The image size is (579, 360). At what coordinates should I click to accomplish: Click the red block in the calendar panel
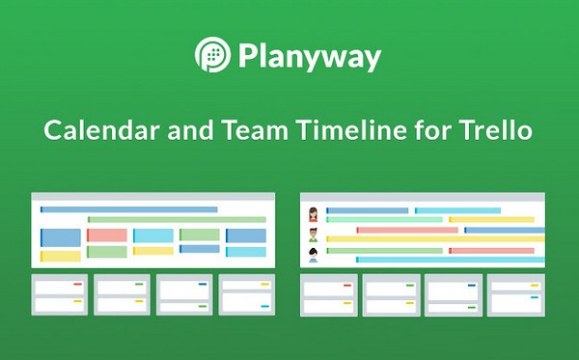[x=106, y=235]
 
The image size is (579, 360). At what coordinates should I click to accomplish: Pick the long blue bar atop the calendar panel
[x=128, y=209]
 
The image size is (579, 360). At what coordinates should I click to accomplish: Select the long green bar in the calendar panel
[x=177, y=220]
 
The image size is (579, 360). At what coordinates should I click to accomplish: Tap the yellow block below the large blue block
[x=60, y=256]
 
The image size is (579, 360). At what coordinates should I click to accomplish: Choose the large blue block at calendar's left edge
[x=60, y=236]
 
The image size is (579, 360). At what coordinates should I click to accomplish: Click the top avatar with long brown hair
[x=314, y=213]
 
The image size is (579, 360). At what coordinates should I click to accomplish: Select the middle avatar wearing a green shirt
[x=314, y=235]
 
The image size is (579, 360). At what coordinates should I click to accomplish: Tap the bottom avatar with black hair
[x=314, y=255]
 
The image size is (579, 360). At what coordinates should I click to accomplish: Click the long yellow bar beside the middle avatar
[x=434, y=239]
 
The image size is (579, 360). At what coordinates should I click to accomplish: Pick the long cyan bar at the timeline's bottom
[x=450, y=260]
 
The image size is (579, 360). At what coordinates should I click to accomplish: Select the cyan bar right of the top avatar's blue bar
[x=457, y=210]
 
